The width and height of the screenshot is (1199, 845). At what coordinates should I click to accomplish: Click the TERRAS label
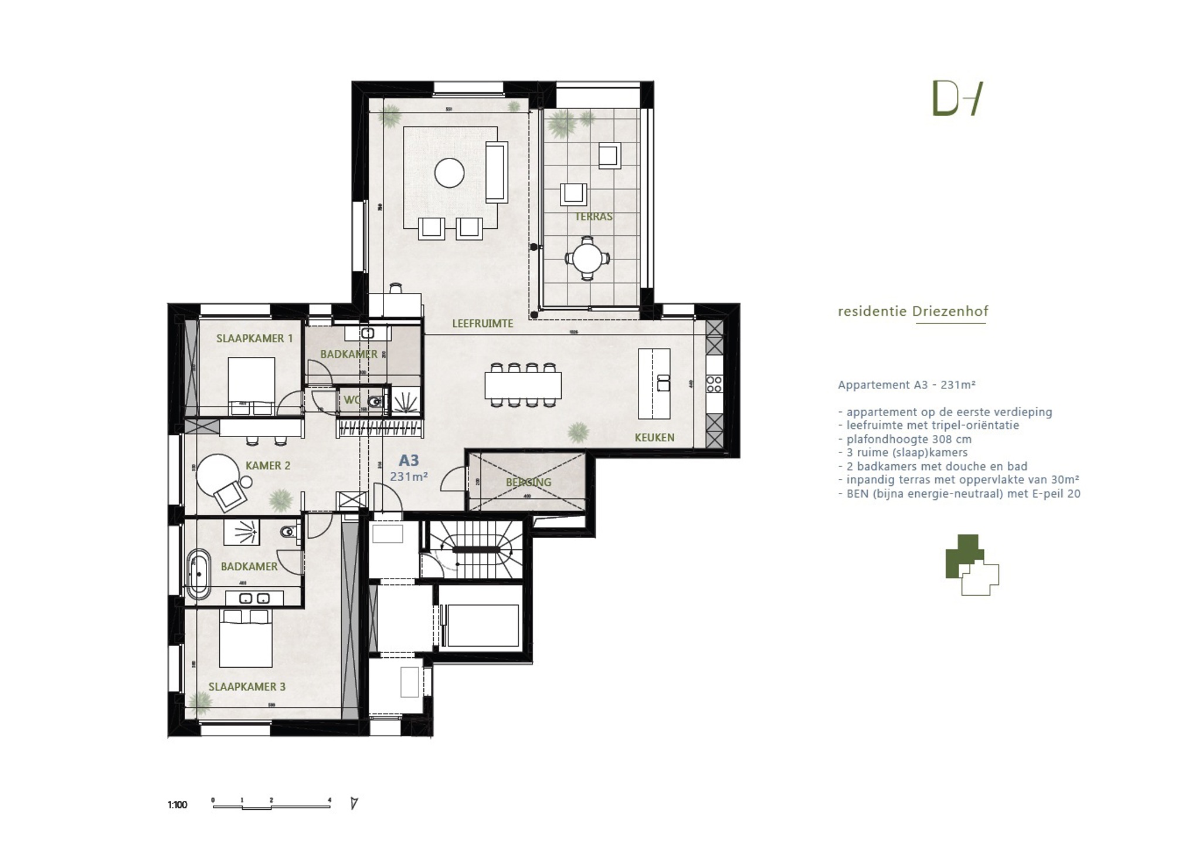593,217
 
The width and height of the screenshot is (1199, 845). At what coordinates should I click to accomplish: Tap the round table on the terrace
587,258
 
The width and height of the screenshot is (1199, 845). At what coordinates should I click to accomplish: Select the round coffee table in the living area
449,173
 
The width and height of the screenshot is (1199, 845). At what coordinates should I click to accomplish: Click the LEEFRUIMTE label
482,323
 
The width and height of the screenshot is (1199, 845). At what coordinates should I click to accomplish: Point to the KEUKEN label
654,437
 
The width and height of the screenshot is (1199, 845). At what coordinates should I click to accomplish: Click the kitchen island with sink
654,383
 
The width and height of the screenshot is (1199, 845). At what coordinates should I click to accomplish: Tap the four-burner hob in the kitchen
714,384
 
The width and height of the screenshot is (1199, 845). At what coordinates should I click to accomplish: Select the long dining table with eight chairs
522,385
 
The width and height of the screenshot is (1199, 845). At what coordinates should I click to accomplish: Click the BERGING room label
528,482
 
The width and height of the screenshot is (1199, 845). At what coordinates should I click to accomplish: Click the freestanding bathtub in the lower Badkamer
198,574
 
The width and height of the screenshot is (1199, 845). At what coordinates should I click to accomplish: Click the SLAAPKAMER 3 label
247,687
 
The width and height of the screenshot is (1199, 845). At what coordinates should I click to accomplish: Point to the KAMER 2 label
267,466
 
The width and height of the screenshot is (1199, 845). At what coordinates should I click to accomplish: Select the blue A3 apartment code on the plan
409,461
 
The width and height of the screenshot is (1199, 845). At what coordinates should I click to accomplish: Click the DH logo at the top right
957,99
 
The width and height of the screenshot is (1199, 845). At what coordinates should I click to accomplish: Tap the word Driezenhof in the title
950,312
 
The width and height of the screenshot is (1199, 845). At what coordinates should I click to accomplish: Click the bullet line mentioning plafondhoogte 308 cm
908,439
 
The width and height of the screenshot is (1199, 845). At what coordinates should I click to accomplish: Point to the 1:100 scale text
177,805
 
